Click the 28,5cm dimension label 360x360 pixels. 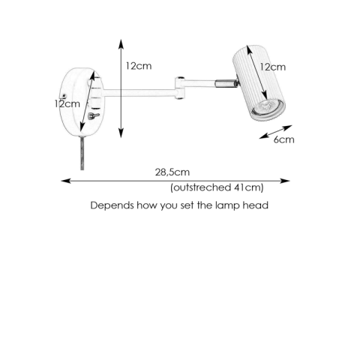pyautogui.click(x=172, y=172)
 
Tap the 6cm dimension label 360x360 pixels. pyautogui.click(x=283, y=139)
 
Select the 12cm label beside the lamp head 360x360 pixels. pyautogui.click(x=272, y=67)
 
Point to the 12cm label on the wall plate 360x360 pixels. pyautogui.click(x=67, y=103)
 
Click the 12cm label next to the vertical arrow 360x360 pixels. pyautogui.click(x=139, y=66)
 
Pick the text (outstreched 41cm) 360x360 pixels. pyautogui.click(x=217, y=187)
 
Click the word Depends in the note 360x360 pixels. pyautogui.click(x=112, y=205)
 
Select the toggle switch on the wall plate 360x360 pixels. pyautogui.click(x=93, y=115)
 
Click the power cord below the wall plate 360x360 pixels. pyautogui.click(x=82, y=153)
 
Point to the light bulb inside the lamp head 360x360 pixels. pyautogui.click(x=265, y=107)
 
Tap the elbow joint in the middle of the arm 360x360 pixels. pyautogui.click(x=180, y=88)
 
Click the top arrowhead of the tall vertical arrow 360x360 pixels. pyautogui.click(x=121, y=43)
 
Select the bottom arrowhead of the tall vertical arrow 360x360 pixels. pyautogui.click(x=121, y=133)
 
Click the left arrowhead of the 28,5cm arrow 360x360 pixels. pyautogui.click(x=66, y=181)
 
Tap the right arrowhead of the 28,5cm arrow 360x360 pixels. pyautogui.click(x=285, y=181)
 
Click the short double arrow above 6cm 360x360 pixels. pyautogui.click(x=275, y=132)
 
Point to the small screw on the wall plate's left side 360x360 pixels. pyautogui.click(x=64, y=95)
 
